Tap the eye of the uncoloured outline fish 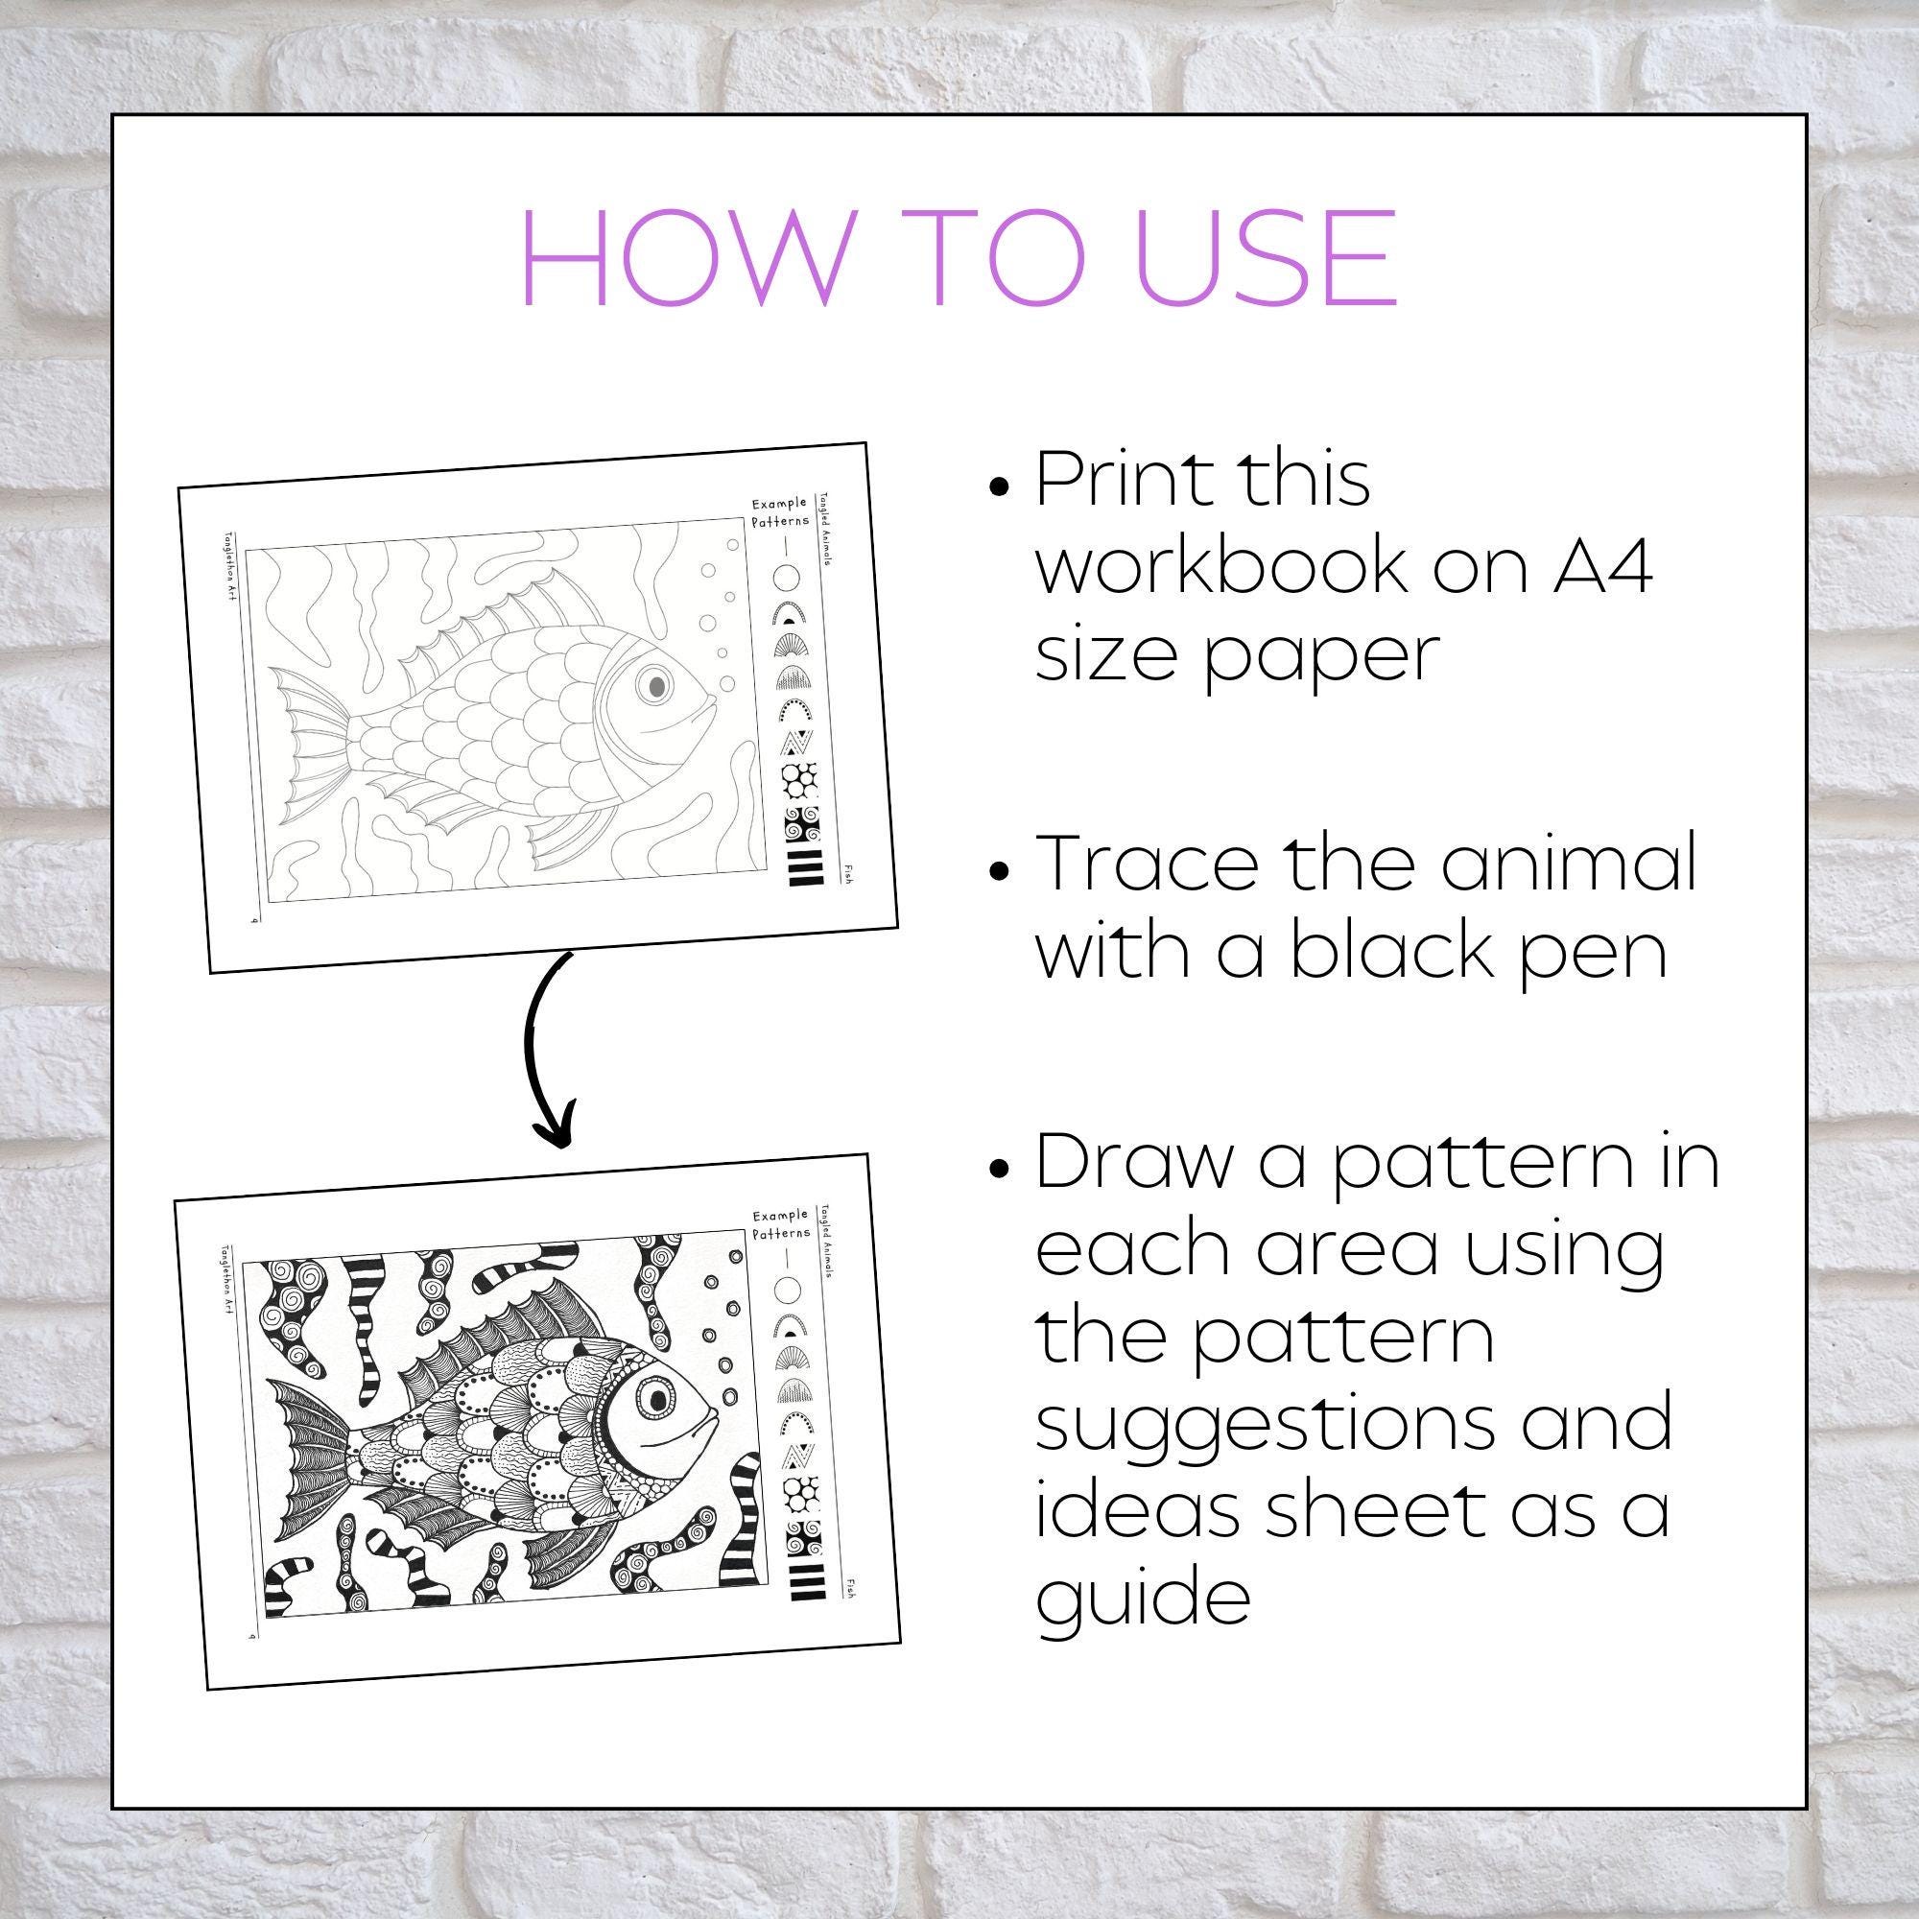pyautogui.click(x=654, y=684)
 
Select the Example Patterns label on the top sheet pyautogui.click(x=780, y=511)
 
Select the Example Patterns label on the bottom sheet pyautogui.click(x=781, y=1223)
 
